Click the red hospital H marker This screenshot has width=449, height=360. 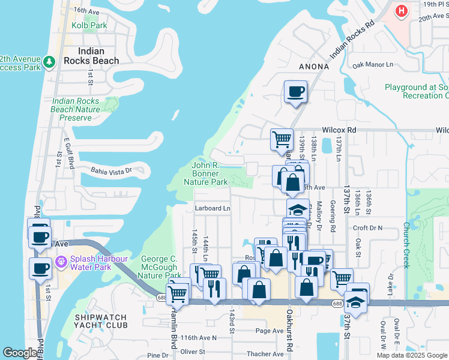click(x=401, y=11)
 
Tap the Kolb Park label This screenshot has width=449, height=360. click(x=89, y=26)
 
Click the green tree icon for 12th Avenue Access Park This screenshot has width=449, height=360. click(x=49, y=61)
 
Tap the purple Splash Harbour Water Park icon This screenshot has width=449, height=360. click(x=60, y=262)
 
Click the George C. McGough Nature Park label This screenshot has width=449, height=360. click(x=161, y=267)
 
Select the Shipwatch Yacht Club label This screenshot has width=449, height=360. click(x=106, y=321)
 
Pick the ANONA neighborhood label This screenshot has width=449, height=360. click(x=313, y=67)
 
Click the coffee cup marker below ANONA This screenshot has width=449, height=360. click(x=295, y=92)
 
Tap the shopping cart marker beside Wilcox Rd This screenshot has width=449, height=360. click(x=282, y=139)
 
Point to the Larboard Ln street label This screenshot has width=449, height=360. click(x=212, y=208)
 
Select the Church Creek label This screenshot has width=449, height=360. click(x=406, y=237)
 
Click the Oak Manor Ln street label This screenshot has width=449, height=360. click(x=373, y=64)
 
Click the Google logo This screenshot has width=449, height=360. click(x=20, y=353)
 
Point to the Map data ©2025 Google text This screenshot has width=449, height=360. click(x=412, y=355)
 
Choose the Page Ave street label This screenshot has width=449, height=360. click(x=269, y=331)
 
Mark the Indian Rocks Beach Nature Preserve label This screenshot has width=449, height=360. click(x=76, y=109)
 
